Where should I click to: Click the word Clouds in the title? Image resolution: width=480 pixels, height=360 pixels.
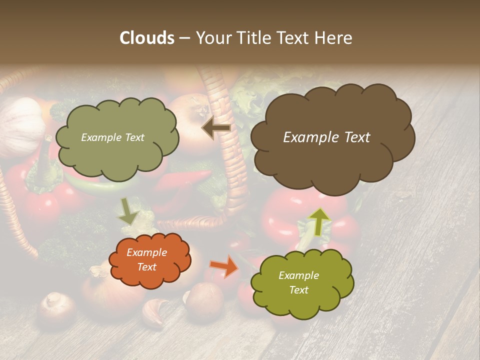point(147,38)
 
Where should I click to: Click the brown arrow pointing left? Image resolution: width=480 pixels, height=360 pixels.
point(216,128)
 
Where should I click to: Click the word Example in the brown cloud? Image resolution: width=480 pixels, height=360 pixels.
point(308,137)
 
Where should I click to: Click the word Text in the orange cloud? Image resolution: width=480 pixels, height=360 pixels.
point(146,267)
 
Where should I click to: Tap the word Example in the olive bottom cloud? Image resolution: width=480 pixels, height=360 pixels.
point(298,275)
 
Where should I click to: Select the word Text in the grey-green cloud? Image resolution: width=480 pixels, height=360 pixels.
point(133,137)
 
